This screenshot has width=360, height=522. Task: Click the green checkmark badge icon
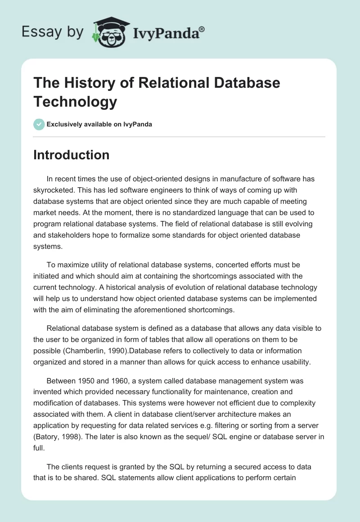[39, 124]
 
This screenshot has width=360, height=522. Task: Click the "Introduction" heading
[72, 155]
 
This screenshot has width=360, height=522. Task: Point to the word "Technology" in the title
[75, 101]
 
